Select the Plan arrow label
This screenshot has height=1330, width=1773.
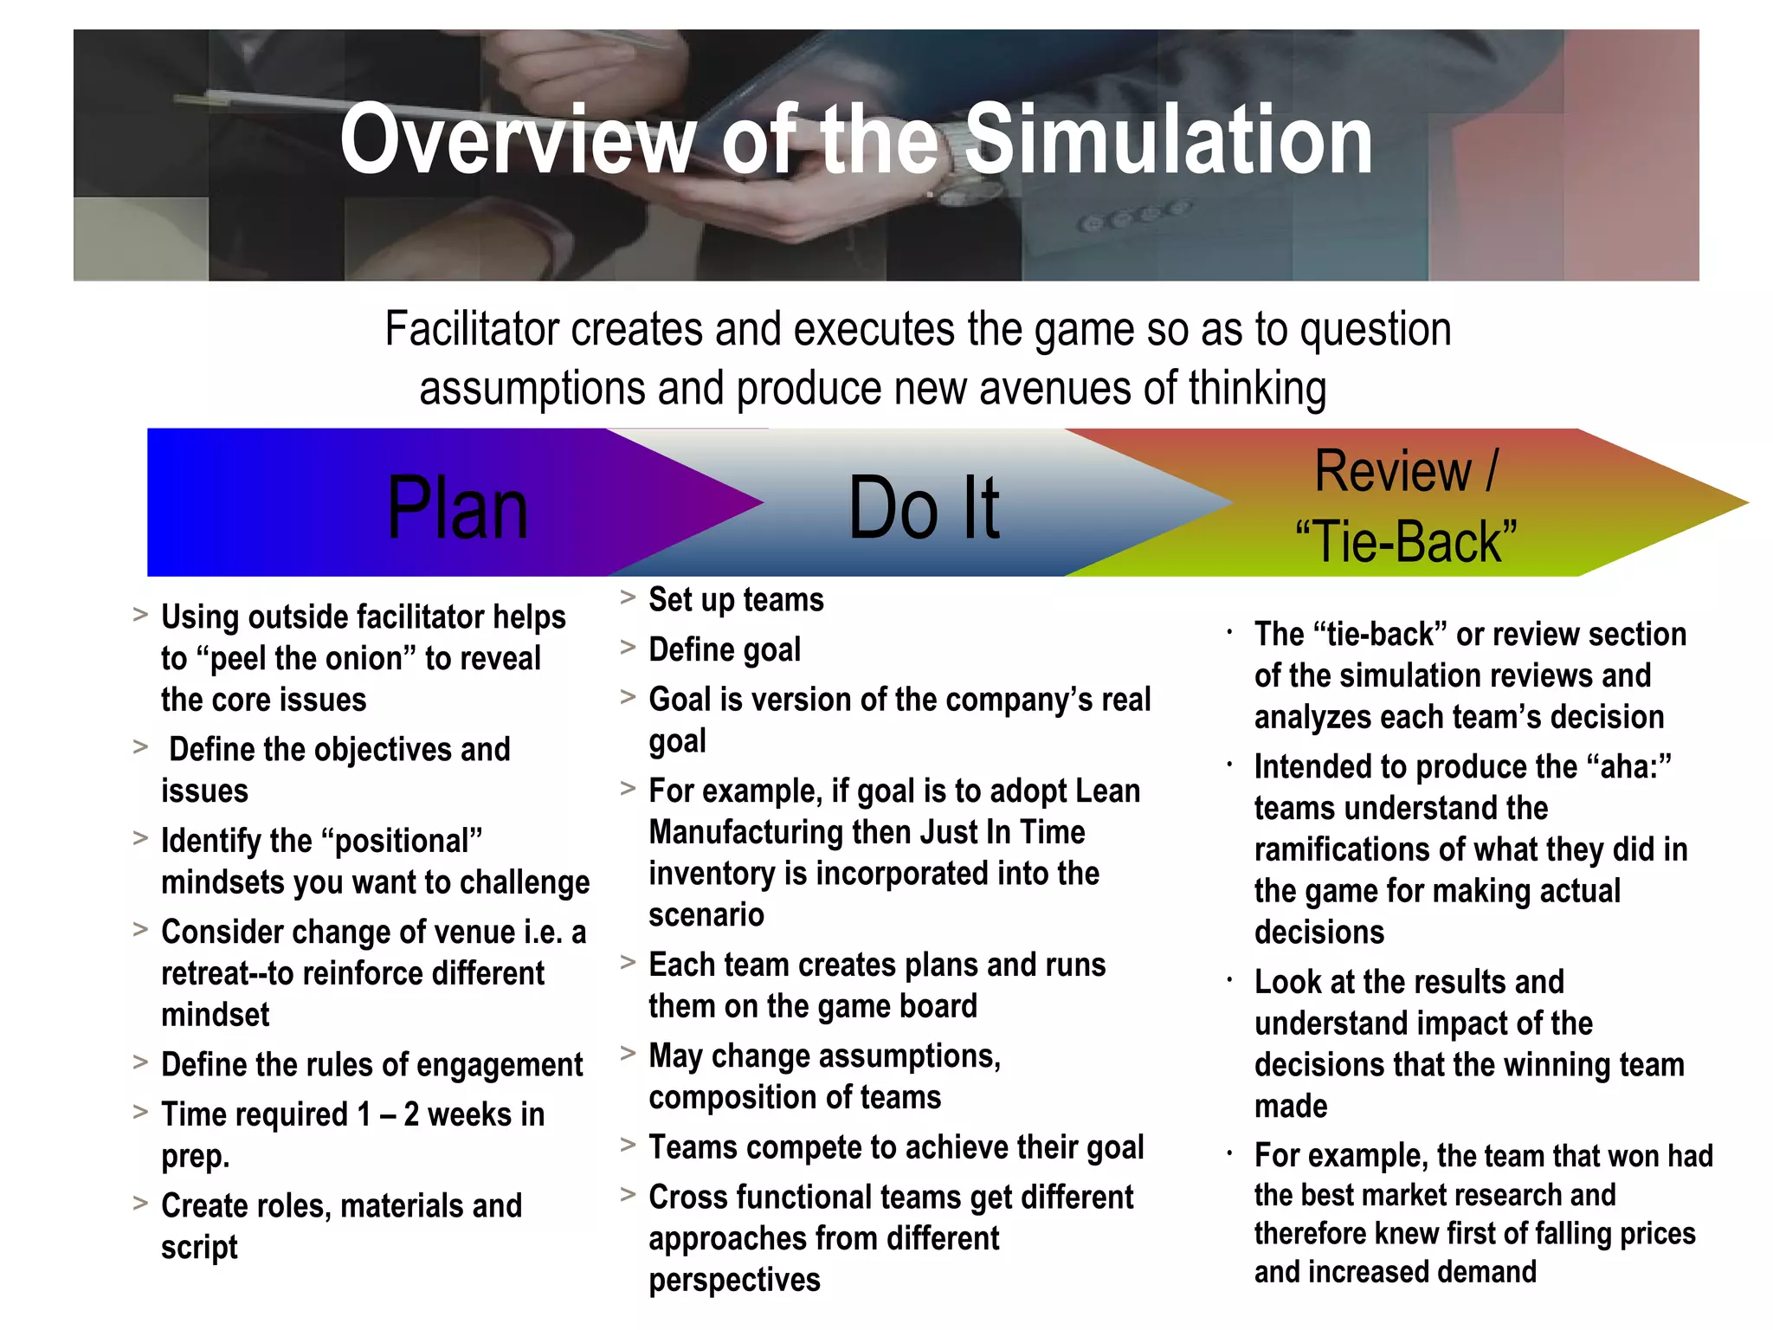pos(457,508)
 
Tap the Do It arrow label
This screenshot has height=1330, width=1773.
pos(924,508)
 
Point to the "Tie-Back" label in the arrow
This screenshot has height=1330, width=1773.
pos(1406,542)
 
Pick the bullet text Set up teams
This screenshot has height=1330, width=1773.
pos(736,600)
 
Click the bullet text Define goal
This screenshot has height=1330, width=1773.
pos(725,649)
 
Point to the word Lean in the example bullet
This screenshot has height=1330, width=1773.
pos(1108,791)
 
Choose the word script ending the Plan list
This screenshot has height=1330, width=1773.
pos(199,1248)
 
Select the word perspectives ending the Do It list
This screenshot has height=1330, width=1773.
pos(734,1280)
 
